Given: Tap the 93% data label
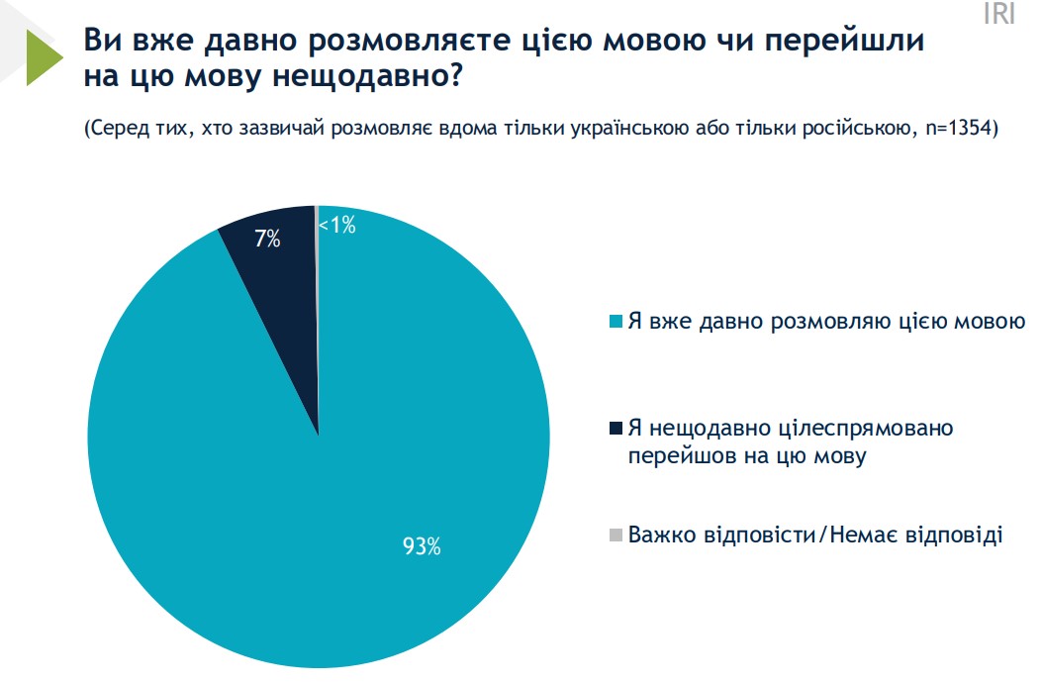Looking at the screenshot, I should (x=421, y=545).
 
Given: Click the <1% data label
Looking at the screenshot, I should (x=336, y=226).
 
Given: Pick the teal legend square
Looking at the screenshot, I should (x=616, y=322).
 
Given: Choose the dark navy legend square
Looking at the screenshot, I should (x=616, y=429).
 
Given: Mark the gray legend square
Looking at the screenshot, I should (x=616, y=536).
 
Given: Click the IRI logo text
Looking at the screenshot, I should (x=998, y=15).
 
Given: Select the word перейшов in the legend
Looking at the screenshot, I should (x=674, y=455).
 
